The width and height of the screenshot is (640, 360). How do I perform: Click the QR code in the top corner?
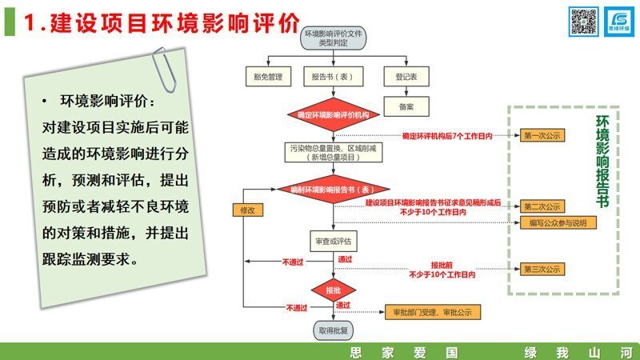pyautogui.click(x=583, y=22)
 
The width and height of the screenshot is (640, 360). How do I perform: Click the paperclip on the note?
pyautogui.click(x=166, y=70)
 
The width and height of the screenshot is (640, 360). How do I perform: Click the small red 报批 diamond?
pyautogui.click(x=332, y=289)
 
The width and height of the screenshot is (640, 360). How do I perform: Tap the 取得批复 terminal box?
pyautogui.click(x=332, y=328)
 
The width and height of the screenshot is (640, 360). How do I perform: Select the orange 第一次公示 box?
pyautogui.click(x=543, y=136)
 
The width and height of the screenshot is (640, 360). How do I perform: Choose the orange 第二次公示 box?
pyautogui.click(x=543, y=206)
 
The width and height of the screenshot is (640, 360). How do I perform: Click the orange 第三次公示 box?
pyautogui.click(x=543, y=269)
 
